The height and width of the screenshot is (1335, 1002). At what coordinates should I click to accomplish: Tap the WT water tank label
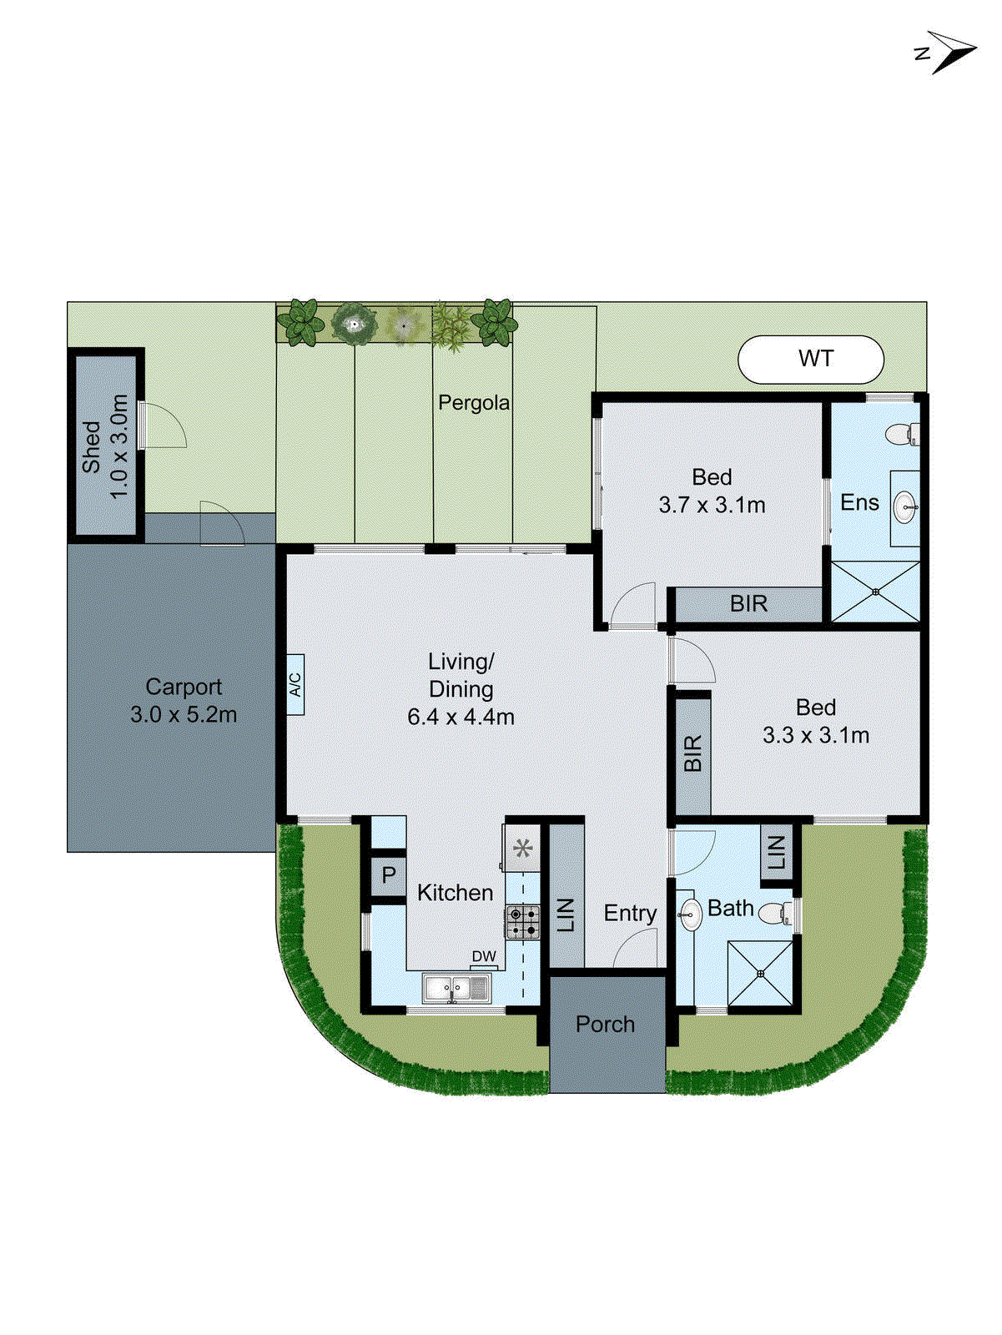point(815,359)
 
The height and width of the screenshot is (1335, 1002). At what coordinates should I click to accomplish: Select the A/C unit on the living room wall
point(295,685)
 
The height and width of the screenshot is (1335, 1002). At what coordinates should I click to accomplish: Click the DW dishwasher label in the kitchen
point(484,957)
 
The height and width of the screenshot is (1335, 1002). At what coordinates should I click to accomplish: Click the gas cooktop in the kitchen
point(523,922)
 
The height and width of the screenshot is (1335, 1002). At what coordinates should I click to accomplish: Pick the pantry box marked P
point(388,875)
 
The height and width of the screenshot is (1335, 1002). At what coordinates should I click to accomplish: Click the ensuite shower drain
point(876,592)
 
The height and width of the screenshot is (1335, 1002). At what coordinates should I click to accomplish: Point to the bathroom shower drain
point(760,974)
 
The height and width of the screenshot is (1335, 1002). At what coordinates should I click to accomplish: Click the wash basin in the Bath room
point(690,914)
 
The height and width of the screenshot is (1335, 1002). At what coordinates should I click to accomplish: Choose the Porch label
point(605,1025)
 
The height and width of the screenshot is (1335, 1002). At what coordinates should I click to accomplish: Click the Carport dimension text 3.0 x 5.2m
point(184,715)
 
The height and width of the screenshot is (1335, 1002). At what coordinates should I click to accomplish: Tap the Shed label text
point(91,448)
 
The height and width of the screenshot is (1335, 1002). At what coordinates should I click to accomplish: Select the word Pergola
point(474,403)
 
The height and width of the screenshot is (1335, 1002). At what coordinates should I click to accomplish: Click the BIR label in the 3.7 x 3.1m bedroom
point(748,604)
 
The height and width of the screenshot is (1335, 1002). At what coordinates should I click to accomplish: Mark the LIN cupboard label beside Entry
point(566,914)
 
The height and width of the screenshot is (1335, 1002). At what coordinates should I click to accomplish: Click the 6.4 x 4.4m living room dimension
point(461,717)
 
